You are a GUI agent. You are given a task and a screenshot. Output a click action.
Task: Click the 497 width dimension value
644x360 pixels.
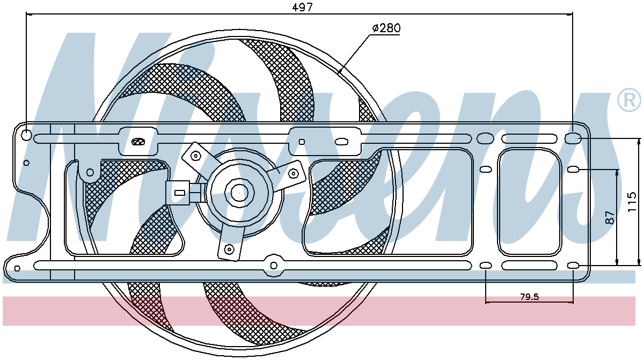point(302,8)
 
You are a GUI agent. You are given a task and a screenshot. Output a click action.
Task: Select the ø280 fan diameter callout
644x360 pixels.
point(386,28)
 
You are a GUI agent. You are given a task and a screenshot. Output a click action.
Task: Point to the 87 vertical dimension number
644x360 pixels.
point(610,217)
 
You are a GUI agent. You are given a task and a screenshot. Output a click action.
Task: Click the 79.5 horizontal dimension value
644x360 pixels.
point(529,297)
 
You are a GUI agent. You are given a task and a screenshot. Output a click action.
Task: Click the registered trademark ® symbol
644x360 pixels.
point(629,100)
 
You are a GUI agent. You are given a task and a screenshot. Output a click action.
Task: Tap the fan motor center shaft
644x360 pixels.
point(239,193)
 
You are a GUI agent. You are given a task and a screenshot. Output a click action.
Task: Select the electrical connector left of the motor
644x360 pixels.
point(183,193)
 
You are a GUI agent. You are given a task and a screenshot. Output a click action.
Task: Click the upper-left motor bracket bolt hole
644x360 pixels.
point(196,156)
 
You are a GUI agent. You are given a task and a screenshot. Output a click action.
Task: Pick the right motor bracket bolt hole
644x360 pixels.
point(293,173)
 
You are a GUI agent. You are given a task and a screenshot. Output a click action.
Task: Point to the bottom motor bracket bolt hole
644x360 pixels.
point(229,249)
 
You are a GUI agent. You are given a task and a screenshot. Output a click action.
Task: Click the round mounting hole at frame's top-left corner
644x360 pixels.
point(26,135)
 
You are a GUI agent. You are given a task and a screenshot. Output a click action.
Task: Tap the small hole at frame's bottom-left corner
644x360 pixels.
point(17,268)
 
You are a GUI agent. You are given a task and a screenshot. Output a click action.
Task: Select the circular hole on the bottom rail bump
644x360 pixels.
point(274,266)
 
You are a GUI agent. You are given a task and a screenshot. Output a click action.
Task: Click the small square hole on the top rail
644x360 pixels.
point(302,142)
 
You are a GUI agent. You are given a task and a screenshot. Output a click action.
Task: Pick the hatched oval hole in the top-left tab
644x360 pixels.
point(138,141)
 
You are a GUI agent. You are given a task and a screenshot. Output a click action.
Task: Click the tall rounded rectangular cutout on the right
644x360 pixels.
point(529,202)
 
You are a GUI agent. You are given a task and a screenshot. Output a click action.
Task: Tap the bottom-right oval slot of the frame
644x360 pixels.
point(573,266)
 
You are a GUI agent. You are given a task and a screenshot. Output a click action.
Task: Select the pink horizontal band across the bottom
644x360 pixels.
point(319,311)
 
